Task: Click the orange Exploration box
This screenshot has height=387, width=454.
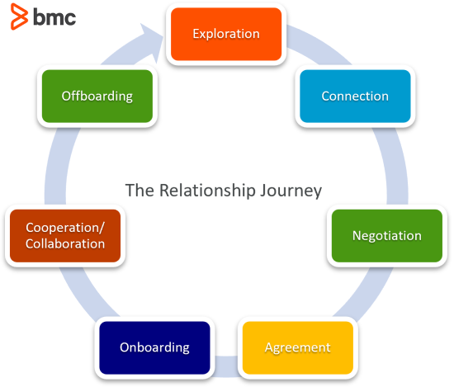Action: coord(226,34)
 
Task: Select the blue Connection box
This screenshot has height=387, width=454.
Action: coord(355,96)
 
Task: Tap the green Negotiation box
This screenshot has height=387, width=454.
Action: coord(387,236)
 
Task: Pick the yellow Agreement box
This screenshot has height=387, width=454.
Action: coord(298,347)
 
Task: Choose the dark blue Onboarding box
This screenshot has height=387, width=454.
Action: coord(154,347)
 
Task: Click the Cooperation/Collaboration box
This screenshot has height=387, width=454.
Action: coord(65,236)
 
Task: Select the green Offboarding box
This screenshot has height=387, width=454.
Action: coord(97,96)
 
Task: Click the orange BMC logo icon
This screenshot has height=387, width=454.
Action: coord(20,17)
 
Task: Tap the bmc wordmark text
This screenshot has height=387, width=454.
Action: coord(54,17)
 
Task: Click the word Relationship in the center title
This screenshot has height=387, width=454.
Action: coord(207,191)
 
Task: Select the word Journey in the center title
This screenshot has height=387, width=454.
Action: coord(291,191)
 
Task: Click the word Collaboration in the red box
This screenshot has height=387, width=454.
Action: coord(65,243)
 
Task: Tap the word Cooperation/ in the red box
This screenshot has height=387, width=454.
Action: coord(65,228)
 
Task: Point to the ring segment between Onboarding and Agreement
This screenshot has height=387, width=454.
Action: coord(226,366)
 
